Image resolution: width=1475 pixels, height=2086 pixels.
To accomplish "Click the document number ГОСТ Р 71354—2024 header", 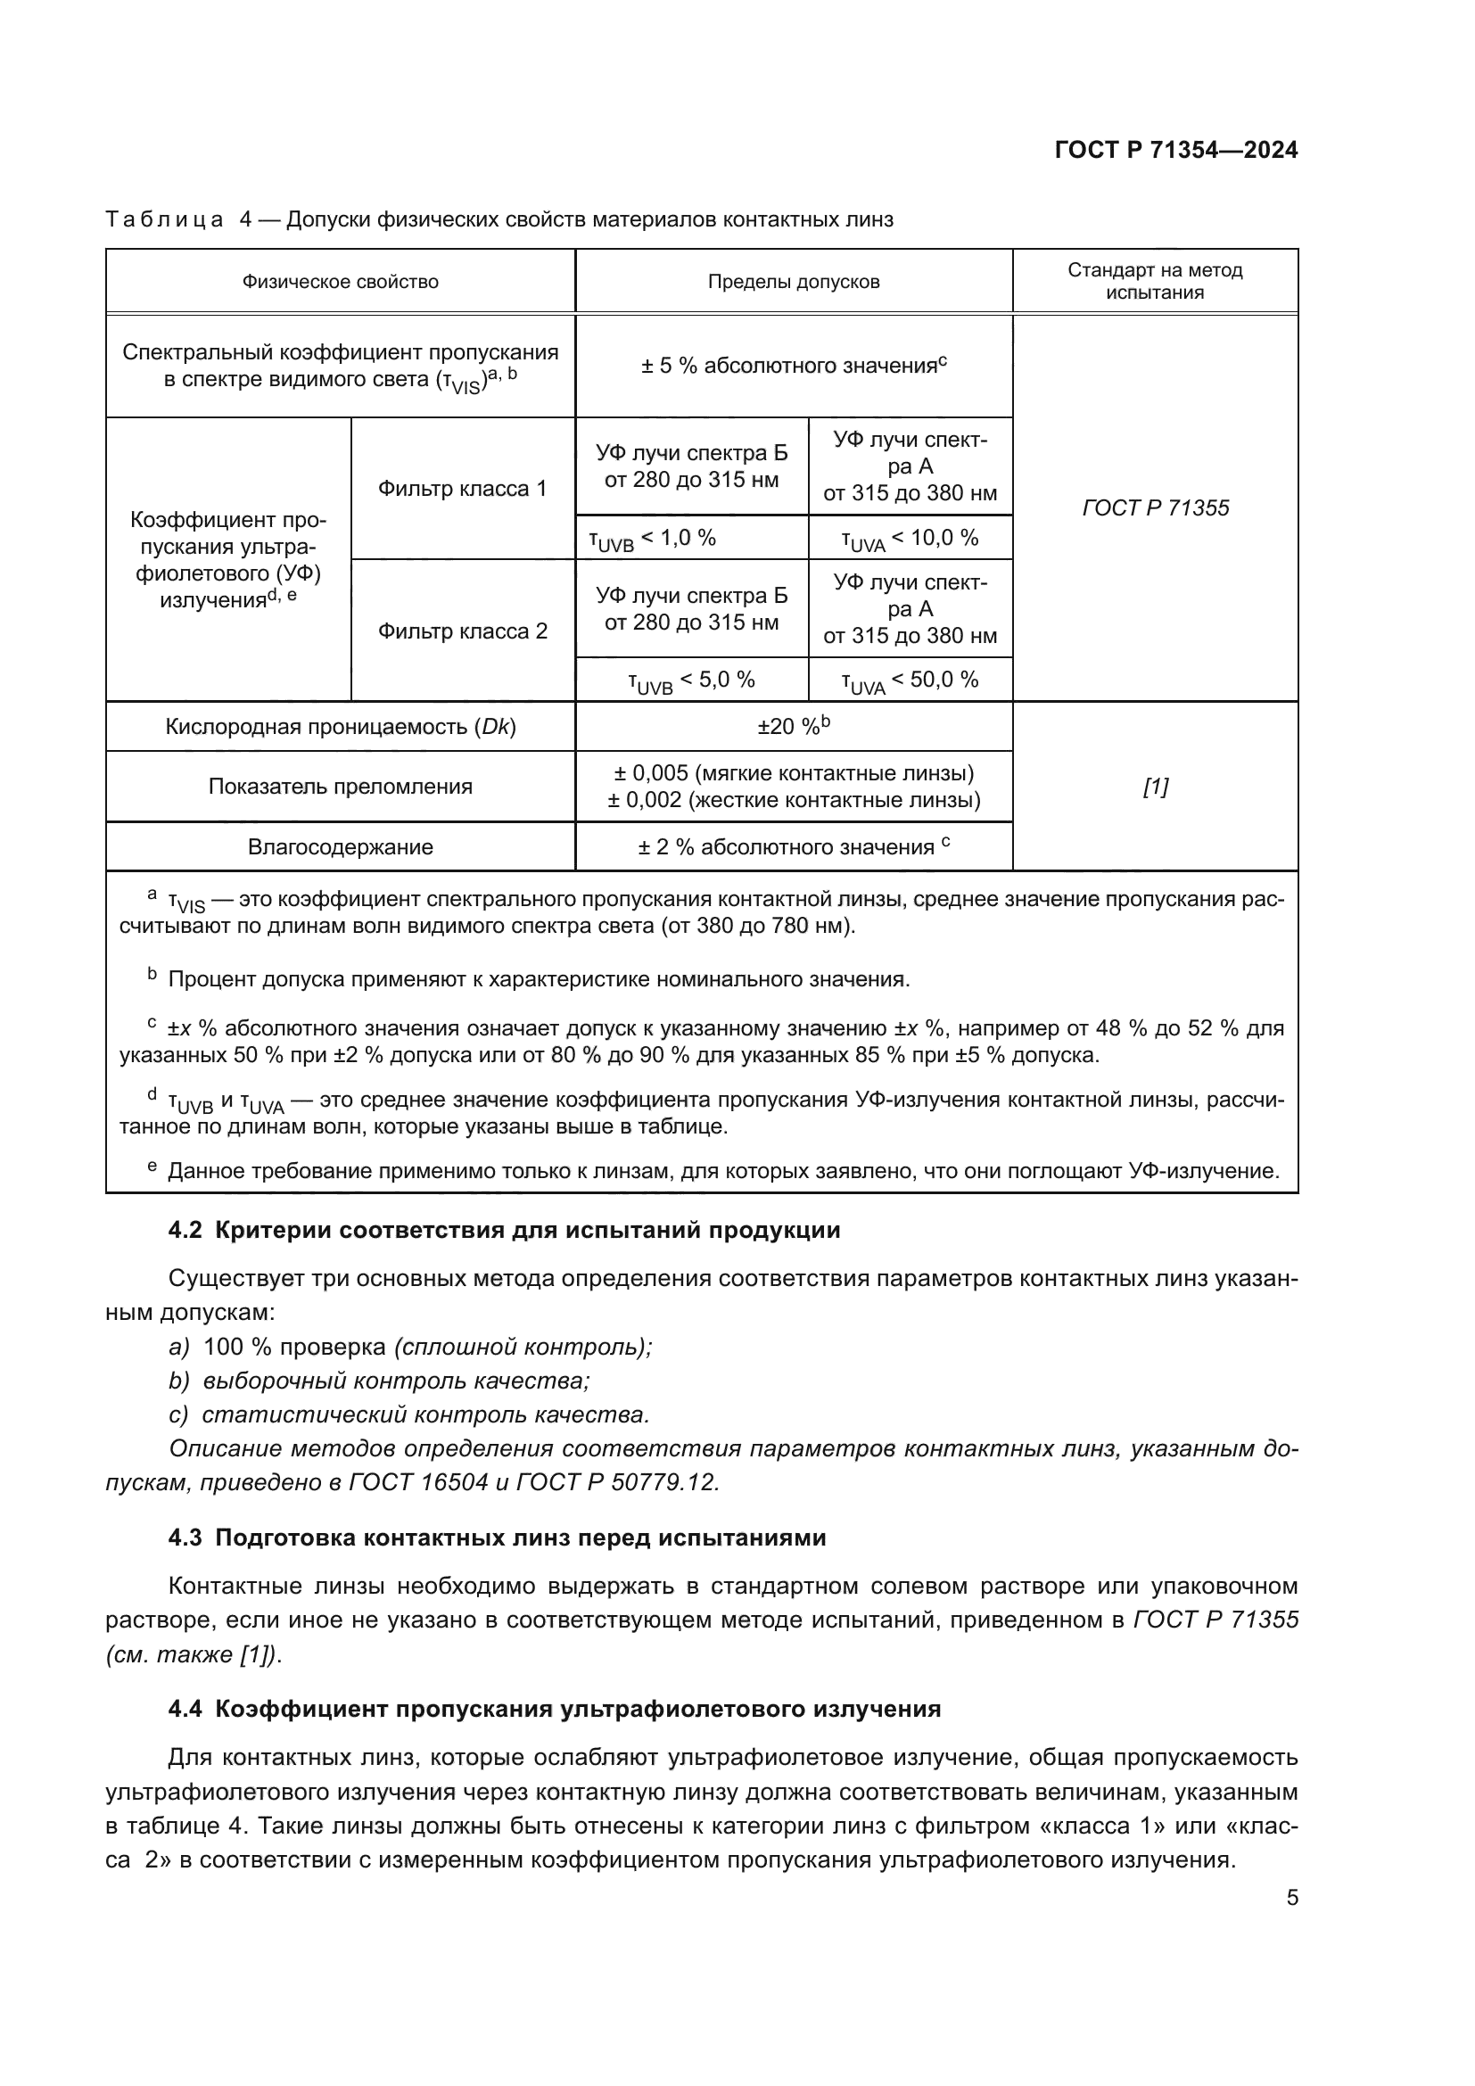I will (1175, 151).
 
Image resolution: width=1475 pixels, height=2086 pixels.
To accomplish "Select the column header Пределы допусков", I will (793, 282).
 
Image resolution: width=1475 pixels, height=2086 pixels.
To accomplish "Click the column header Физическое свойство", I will (340, 282).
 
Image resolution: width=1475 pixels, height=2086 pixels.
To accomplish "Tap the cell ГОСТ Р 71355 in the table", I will (1154, 507).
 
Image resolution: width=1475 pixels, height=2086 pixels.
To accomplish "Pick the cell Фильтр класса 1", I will (462, 489).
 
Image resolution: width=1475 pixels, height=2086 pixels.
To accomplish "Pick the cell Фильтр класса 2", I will (462, 631).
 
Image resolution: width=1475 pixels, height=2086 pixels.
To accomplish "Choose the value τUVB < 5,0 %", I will (691, 680).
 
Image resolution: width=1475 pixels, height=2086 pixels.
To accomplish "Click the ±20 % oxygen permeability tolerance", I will (793, 727).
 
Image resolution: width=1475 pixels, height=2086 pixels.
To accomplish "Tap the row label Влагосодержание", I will (340, 846).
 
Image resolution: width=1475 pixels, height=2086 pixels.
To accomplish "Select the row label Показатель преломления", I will (340, 787).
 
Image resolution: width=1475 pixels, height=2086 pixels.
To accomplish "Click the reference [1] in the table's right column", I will (1154, 787).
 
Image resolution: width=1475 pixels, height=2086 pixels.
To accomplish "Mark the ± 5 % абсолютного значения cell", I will (793, 367).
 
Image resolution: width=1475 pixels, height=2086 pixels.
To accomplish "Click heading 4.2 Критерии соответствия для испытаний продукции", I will (504, 1230).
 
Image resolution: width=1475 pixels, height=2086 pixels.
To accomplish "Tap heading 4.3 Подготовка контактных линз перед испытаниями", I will (497, 1538).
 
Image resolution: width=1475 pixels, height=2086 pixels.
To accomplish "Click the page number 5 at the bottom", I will (1291, 1898).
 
